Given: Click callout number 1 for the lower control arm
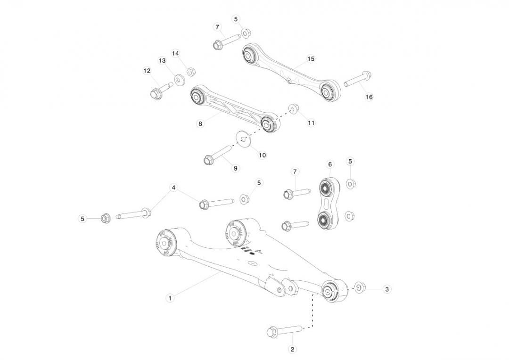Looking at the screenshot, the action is click(x=170, y=297).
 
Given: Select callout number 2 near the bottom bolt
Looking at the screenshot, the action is click(x=292, y=349).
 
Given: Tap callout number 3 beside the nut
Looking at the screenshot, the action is click(x=386, y=289).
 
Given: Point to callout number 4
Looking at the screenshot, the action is click(x=173, y=188).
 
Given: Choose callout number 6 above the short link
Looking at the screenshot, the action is click(x=330, y=164).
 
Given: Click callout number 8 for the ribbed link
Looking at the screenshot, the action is click(x=200, y=123).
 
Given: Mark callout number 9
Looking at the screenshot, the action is click(x=235, y=168).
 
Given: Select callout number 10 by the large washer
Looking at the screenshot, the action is click(x=263, y=155).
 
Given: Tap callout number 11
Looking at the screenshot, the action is click(x=311, y=123).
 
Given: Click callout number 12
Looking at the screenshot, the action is click(x=147, y=70).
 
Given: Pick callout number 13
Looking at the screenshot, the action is click(x=162, y=60).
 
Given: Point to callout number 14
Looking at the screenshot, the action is click(x=176, y=53).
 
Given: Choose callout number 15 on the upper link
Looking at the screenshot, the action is click(x=311, y=59).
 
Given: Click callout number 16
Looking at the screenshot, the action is click(x=369, y=97).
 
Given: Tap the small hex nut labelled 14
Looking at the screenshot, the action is click(x=191, y=72).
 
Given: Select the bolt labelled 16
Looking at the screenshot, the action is click(x=357, y=79).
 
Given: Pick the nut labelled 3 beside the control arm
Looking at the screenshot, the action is click(x=359, y=287).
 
